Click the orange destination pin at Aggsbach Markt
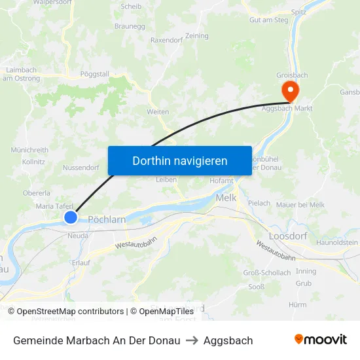click(x=288, y=90)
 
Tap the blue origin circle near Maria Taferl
click(x=71, y=217)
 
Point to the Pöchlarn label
click(x=107, y=220)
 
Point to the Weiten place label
click(x=158, y=112)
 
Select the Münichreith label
click(x=29, y=150)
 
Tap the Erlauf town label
click(x=81, y=262)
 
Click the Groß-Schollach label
click(x=266, y=273)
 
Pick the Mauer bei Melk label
click(x=300, y=205)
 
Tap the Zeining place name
click(x=196, y=36)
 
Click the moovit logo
click(x=321, y=340)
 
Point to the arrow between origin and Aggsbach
click(x=192, y=340)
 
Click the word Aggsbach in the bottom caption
click(x=228, y=340)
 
